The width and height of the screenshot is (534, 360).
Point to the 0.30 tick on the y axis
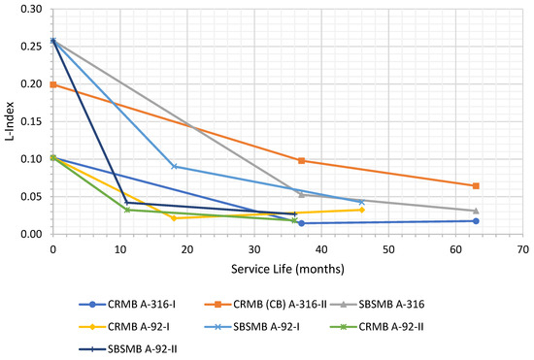[x=35, y=9]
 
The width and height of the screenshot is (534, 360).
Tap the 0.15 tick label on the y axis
[x=35, y=121]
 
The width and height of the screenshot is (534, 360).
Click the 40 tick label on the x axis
[x=321, y=248]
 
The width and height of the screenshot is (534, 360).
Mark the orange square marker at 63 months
[x=476, y=186]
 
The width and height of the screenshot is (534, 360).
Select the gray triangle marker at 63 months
[x=476, y=211]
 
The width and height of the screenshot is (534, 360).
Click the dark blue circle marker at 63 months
[x=476, y=221]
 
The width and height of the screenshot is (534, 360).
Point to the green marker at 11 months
[x=127, y=210]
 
